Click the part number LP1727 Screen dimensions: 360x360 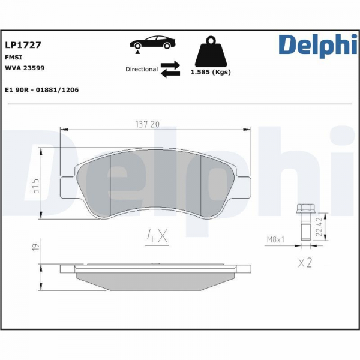tap(23, 45)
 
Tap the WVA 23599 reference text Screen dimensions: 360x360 tap(25, 68)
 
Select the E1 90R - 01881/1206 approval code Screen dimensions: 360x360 tap(42, 90)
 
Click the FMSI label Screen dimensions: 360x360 tap(13, 58)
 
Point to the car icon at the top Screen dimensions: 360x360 tap(152, 43)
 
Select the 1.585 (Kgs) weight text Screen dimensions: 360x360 tap(211, 72)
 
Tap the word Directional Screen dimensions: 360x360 tap(142, 69)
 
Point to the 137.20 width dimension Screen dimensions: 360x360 tap(148, 124)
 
